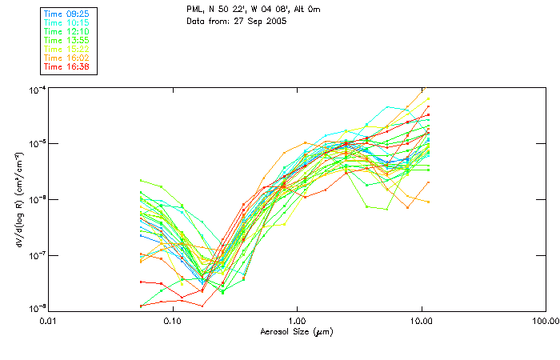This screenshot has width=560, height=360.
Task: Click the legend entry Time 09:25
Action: [x=67, y=14]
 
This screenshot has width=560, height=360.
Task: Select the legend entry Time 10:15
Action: [x=67, y=23]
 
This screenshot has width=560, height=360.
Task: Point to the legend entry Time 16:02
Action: [x=67, y=58]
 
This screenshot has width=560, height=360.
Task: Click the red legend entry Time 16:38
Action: [x=67, y=67]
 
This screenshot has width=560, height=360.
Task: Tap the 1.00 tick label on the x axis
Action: [x=297, y=322]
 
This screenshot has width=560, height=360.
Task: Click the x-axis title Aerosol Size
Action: [x=297, y=331]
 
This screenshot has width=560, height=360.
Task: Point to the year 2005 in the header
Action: [x=274, y=21]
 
